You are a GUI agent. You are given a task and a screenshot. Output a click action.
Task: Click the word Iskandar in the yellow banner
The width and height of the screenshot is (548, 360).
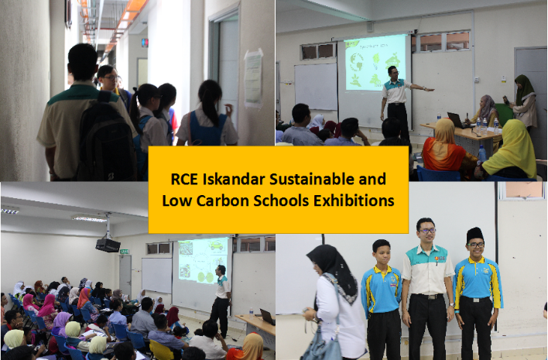233,179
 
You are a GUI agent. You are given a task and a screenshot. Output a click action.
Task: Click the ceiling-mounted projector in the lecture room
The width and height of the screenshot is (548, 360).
108,245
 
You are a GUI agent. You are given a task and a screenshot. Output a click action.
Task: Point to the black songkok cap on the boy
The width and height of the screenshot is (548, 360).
474,235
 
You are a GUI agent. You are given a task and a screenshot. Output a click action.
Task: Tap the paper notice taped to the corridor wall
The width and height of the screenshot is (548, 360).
253,79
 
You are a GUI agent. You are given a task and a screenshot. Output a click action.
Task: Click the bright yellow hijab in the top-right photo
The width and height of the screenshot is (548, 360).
511,149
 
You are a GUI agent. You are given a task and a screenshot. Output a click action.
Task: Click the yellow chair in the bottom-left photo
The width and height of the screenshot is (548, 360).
161,350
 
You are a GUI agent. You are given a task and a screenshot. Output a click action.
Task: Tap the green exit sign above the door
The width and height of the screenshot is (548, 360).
125,252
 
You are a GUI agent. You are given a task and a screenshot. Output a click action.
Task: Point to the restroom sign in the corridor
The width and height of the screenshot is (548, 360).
145,43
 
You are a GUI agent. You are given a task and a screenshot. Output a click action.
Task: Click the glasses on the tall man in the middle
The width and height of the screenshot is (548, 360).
426,231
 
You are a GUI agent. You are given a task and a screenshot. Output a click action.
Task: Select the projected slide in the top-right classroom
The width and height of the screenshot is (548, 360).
375,62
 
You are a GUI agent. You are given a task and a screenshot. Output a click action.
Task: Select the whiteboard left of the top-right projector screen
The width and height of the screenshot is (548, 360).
316,87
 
